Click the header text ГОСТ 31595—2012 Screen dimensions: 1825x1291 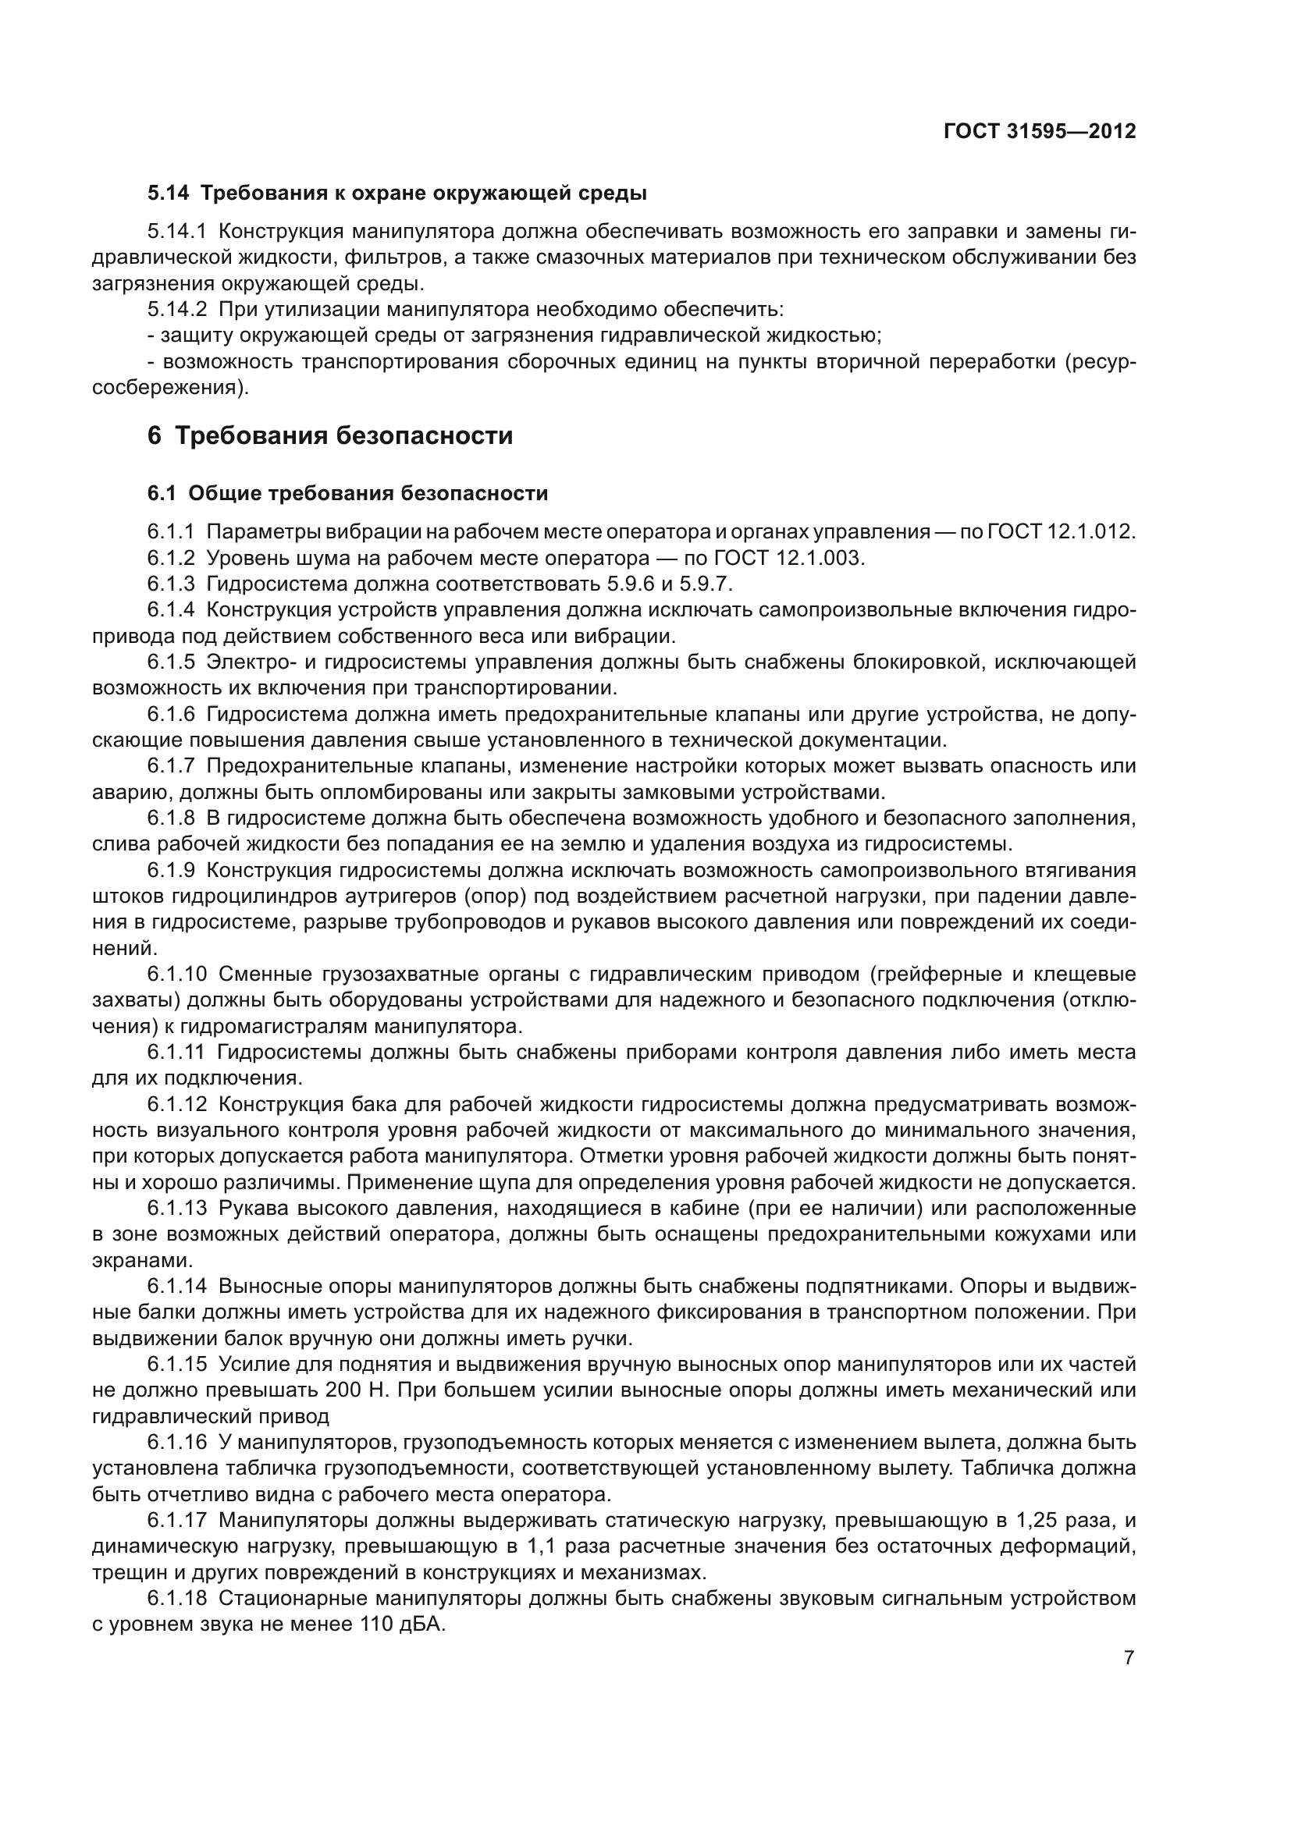click(x=1040, y=131)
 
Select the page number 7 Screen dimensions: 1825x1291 click(x=1129, y=1658)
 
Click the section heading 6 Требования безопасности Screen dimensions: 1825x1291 click(x=330, y=435)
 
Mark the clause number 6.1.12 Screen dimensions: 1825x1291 click(x=176, y=1104)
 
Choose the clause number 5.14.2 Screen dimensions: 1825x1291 click(x=176, y=309)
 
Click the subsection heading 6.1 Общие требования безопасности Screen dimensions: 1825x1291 click(x=347, y=494)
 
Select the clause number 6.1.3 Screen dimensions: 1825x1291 click(x=171, y=584)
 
